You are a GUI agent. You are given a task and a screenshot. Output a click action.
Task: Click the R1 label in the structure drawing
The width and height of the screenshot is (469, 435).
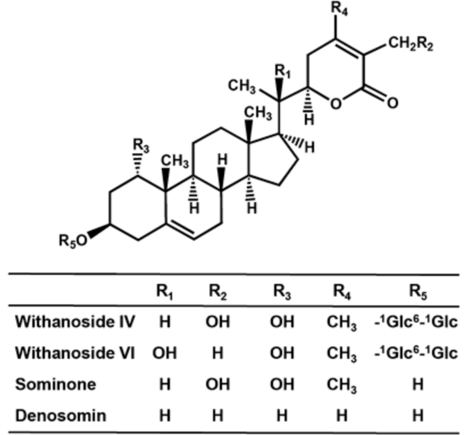[281, 71]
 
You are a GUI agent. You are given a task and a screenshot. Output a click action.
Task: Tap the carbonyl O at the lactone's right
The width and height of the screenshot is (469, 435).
[392, 103]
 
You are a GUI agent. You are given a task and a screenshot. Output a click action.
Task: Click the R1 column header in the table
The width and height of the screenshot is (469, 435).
[164, 292]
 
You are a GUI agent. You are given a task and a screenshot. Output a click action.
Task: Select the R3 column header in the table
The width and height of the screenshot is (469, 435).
[282, 292]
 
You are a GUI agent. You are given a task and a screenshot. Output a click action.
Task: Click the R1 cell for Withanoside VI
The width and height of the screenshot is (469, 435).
[164, 353]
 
